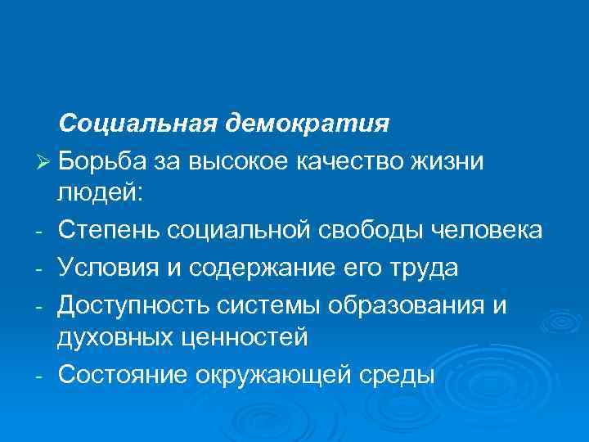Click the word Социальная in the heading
138,124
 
